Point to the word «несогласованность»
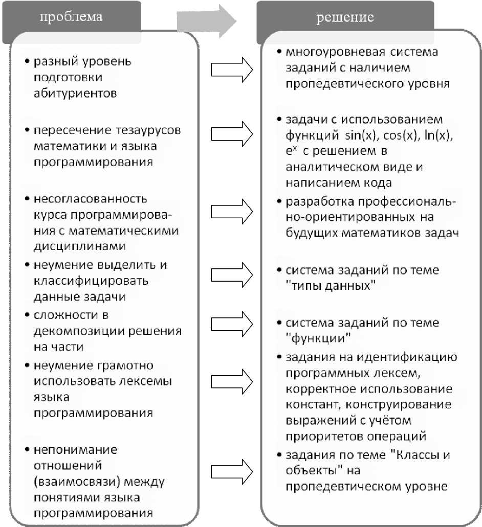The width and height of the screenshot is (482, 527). point(91,198)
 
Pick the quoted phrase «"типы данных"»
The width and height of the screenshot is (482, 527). point(331,285)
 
